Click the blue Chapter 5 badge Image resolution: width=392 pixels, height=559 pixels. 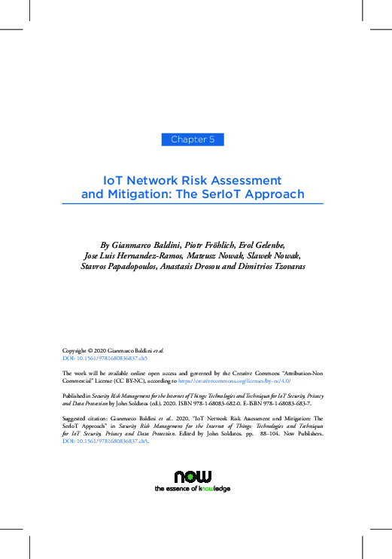(x=193, y=139)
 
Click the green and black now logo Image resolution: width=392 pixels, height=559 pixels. (x=193, y=476)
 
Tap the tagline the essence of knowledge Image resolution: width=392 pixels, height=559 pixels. (x=193, y=489)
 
